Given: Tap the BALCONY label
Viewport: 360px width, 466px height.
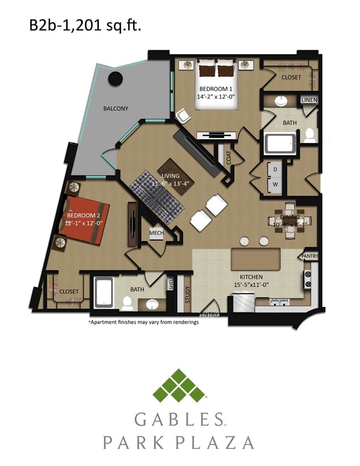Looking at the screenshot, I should [x=115, y=109].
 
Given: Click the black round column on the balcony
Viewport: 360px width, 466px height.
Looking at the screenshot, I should [x=115, y=78].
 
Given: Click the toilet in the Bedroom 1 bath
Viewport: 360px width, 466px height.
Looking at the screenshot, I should [x=310, y=135].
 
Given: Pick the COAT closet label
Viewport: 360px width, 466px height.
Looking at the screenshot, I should [x=229, y=158].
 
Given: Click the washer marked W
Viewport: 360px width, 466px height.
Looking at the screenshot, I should [x=274, y=184].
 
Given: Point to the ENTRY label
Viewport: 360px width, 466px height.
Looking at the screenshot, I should [x=210, y=314].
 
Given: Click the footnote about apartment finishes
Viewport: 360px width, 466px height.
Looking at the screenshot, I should [x=144, y=322].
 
